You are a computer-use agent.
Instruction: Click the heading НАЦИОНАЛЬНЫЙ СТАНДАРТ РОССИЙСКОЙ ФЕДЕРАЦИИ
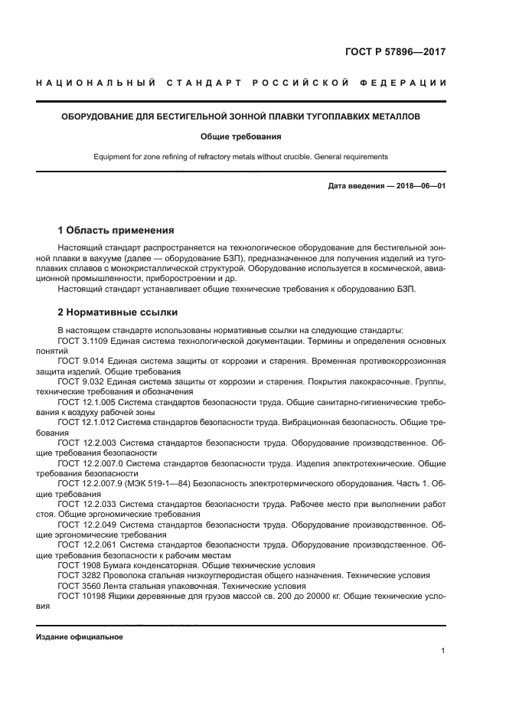click(x=241, y=83)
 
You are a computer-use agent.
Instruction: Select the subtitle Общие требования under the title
click(x=241, y=137)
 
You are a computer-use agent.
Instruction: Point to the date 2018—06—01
click(x=419, y=187)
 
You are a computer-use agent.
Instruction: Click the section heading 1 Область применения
click(x=116, y=230)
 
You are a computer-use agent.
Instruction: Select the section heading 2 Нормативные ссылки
click(x=118, y=312)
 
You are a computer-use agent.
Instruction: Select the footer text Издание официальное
click(x=80, y=637)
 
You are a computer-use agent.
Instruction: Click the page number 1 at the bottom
click(x=443, y=651)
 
